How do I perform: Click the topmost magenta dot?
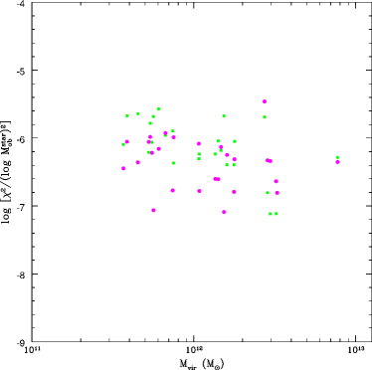(265, 101)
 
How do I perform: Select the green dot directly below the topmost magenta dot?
(265, 117)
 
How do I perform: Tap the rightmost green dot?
(337, 157)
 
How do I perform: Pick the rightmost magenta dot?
(337, 162)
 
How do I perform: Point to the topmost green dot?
(158, 109)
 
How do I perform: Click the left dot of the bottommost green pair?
(270, 214)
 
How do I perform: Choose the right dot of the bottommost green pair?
(276, 214)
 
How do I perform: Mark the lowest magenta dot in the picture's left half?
(153, 210)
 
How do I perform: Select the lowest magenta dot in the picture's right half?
(224, 212)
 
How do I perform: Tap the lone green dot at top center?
(224, 115)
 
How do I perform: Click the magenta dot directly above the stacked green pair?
(199, 143)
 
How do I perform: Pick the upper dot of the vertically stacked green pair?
(199, 153)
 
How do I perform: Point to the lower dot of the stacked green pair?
(199, 158)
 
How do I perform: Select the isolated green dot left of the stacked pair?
(173, 163)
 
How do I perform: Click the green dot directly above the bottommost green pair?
(268, 193)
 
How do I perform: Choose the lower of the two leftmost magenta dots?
(124, 168)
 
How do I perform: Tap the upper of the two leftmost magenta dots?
(126, 141)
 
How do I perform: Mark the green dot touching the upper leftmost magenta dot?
(123, 144)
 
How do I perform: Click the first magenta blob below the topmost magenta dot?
(268, 160)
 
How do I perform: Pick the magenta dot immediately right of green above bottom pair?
(277, 193)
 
